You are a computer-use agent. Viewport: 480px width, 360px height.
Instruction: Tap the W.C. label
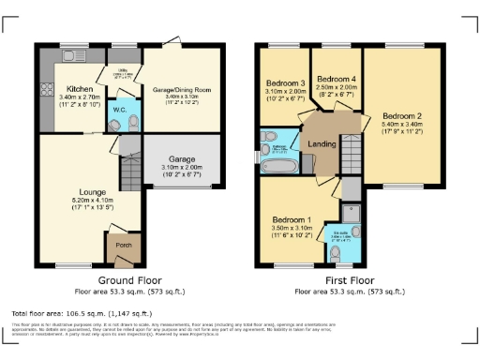click(x=120, y=110)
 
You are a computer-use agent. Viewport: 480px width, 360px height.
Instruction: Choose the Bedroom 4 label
click(x=336, y=79)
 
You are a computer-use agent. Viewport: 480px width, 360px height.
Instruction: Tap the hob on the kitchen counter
click(x=46, y=92)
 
